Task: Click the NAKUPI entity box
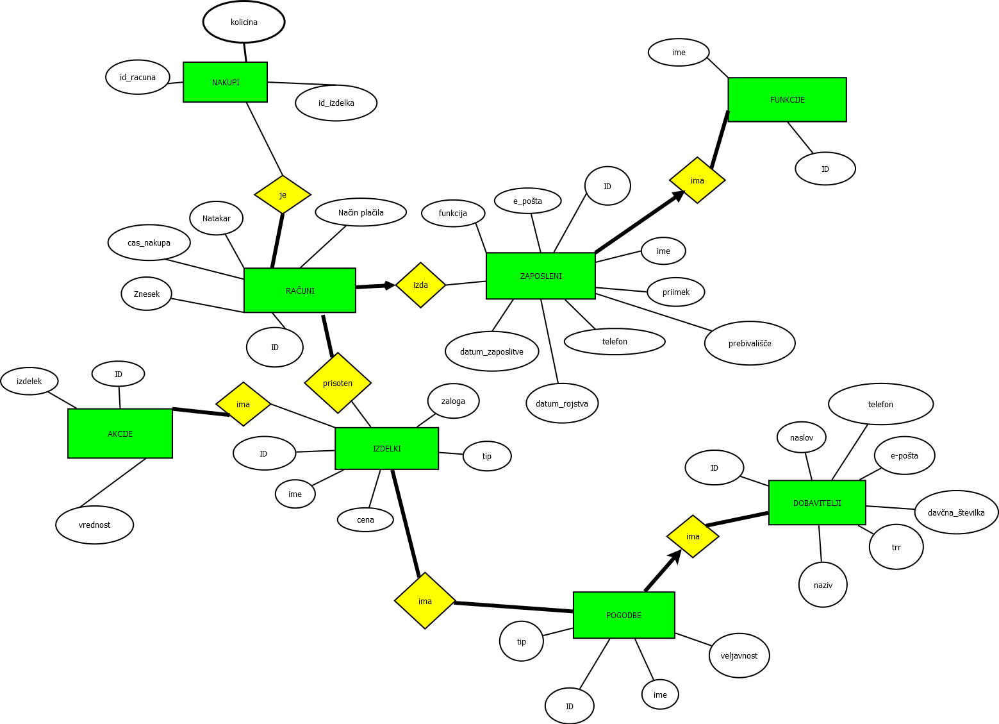pyautogui.click(x=225, y=82)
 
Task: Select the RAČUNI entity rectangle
pyautogui.click(x=300, y=290)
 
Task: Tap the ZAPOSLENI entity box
pyautogui.click(x=541, y=276)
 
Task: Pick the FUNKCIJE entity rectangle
pyautogui.click(x=787, y=99)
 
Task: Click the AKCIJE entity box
pyautogui.click(x=120, y=434)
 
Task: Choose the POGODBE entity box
pyautogui.click(x=623, y=615)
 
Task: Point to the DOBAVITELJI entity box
pyautogui.click(x=817, y=503)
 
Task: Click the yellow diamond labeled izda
pyautogui.click(x=420, y=285)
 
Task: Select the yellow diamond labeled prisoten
pyautogui.click(x=338, y=383)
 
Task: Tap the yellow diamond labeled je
pyautogui.click(x=283, y=194)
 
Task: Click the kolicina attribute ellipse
pyautogui.click(x=244, y=22)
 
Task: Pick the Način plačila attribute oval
pyautogui.click(x=361, y=212)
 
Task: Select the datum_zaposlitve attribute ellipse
pyautogui.click(x=491, y=351)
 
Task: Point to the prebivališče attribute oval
pyautogui.click(x=750, y=343)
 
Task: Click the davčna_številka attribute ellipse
pyautogui.click(x=956, y=512)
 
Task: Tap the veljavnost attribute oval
pyautogui.click(x=739, y=655)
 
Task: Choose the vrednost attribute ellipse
pyautogui.click(x=95, y=525)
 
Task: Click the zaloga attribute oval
pyautogui.click(x=453, y=401)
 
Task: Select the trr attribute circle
pyautogui.click(x=896, y=547)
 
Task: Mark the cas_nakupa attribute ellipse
pyautogui.click(x=149, y=242)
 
